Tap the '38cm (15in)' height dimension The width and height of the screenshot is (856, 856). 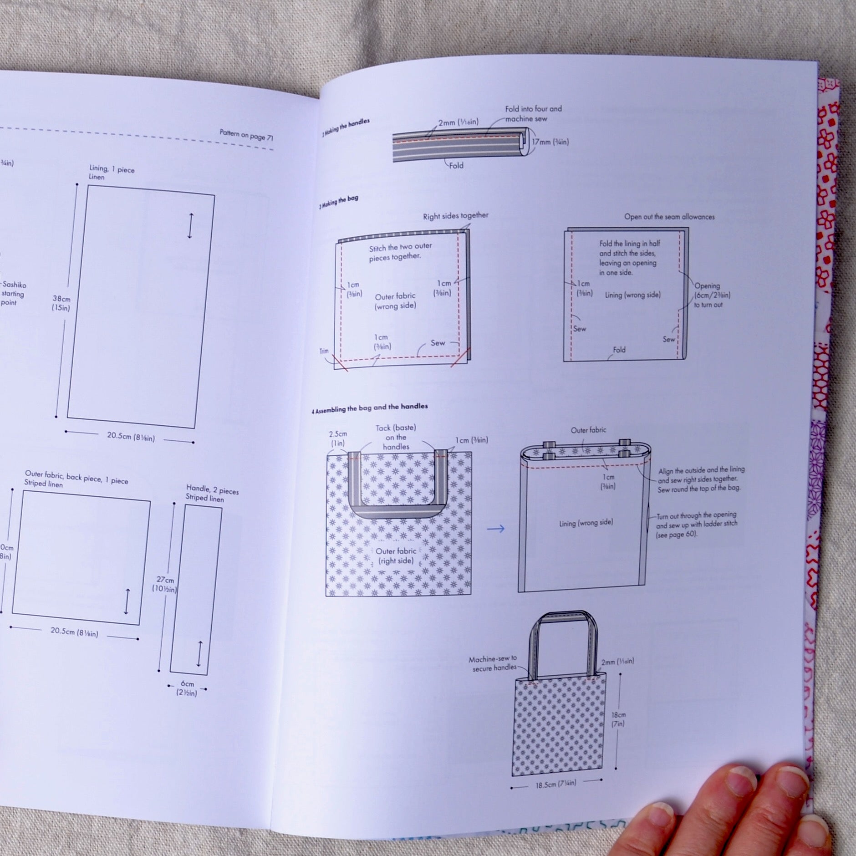61,303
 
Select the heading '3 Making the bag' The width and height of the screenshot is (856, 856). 339,202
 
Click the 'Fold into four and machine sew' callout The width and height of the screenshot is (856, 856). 533,114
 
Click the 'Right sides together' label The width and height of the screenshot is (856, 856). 455,215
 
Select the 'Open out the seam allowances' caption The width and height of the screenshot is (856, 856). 669,217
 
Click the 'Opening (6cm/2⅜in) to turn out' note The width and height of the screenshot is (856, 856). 712,295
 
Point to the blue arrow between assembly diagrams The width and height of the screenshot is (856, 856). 495,529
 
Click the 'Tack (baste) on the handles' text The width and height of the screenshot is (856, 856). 396,437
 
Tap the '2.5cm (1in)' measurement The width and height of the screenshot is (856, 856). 338,438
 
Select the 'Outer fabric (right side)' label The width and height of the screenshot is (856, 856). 396,555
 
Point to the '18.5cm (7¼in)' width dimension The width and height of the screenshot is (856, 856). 556,783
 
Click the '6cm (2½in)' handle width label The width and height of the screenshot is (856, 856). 187,688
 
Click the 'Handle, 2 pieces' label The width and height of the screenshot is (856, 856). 212,494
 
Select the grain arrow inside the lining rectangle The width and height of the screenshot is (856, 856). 190,226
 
